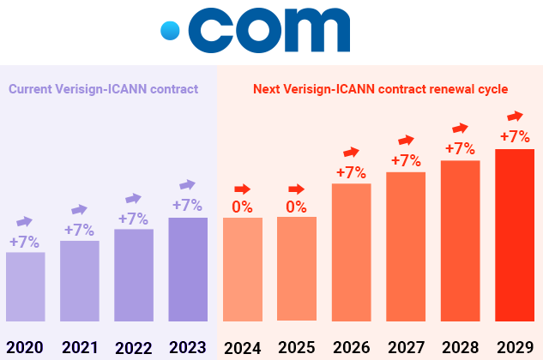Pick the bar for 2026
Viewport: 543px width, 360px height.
tap(351, 252)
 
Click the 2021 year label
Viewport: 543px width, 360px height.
tap(80, 347)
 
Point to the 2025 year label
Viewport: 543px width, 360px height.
tap(297, 347)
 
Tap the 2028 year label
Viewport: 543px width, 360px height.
tap(461, 347)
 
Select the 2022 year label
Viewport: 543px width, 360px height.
tap(134, 347)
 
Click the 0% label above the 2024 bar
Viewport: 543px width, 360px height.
tap(242, 207)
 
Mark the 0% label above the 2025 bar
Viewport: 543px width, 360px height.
tap(297, 207)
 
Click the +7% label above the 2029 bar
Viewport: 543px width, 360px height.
tap(515, 136)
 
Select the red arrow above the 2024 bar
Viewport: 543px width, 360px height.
tap(242, 189)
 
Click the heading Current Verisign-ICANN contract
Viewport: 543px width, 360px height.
tap(103, 88)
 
